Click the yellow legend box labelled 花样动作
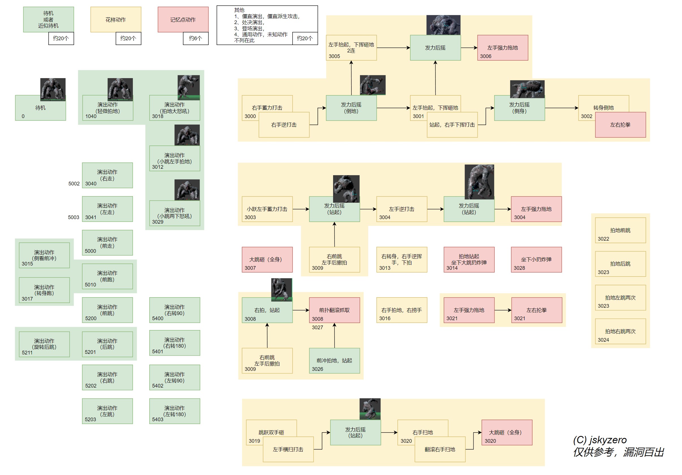pyautogui.click(x=116, y=19)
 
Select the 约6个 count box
pyautogui.click(x=195, y=38)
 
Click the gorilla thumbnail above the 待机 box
pyautogui.click(x=53, y=89)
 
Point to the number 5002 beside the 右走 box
pyautogui.click(x=74, y=183)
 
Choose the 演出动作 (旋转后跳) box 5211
pyautogui.click(x=44, y=344)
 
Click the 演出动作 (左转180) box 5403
pyautogui.click(x=174, y=411)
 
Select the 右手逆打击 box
pyautogui.click(x=284, y=125)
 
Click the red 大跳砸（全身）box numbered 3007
pyautogui.click(x=267, y=260)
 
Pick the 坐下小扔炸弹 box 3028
pyautogui.click(x=536, y=260)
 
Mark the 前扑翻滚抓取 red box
pyautogui.click(x=334, y=310)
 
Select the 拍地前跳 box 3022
pyautogui.click(x=620, y=230)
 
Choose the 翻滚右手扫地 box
pyautogui.click(x=440, y=449)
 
